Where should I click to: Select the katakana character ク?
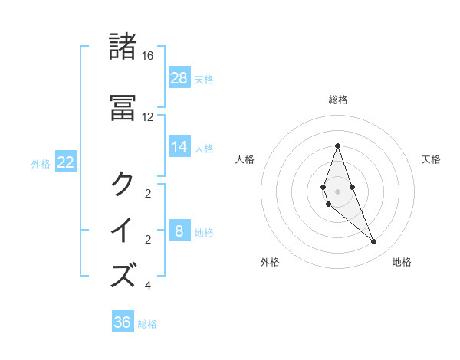click(x=123, y=184)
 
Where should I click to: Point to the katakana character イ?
click(x=123, y=230)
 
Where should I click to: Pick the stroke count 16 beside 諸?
click(x=148, y=56)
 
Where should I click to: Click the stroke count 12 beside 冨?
click(x=148, y=117)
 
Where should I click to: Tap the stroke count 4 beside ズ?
click(x=148, y=286)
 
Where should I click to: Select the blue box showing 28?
click(x=179, y=77)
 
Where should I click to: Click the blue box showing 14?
click(x=179, y=147)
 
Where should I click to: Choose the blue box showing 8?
click(x=179, y=231)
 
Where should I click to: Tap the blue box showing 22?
click(x=65, y=162)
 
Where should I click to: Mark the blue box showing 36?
click(x=123, y=322)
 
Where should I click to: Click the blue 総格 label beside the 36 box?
click(x=148, y=324)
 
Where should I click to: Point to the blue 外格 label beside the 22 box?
click(x=41, y=163)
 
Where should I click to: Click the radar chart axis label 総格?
click(x=337, y=100)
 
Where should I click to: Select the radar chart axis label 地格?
click(x=402, y=262)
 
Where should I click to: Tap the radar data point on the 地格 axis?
click(x=373, y=242)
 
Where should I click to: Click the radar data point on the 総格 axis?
click(x=337, y=146)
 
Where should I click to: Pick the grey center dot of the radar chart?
click(x=337, y=191)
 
